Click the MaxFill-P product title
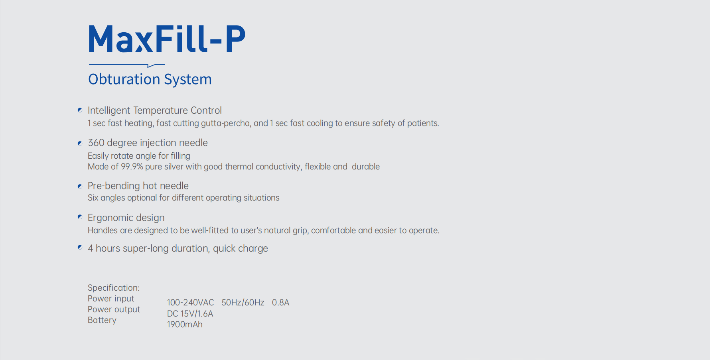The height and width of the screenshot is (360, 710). [167, 39]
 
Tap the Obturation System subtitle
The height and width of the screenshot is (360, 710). [150, 79]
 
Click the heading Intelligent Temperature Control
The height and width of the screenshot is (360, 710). [154, 110]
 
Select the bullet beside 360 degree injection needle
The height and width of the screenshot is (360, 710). [80, 143]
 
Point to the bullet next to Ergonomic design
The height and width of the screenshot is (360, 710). [80, 217]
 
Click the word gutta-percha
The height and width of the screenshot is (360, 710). [225, 123]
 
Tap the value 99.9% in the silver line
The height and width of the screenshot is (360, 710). [132, 167]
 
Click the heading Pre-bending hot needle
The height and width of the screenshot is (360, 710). [138, 186]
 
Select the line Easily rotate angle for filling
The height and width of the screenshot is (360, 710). [139, 156]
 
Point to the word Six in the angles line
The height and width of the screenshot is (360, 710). [93, 198]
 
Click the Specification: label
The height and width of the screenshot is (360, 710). [114, 288]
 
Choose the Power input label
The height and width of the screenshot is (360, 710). [111, 299]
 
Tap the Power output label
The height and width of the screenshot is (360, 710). [114, 309]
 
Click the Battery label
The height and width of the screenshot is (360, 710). [102, 320]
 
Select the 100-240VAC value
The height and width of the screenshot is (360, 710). [190, 303]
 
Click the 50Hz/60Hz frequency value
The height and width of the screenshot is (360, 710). [243, 303]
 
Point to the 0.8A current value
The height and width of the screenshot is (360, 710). [280, 303]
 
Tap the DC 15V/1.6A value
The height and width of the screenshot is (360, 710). [190, 314]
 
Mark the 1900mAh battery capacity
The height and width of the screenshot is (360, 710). [185, 325]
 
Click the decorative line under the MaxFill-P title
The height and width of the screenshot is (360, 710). [126, 65]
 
